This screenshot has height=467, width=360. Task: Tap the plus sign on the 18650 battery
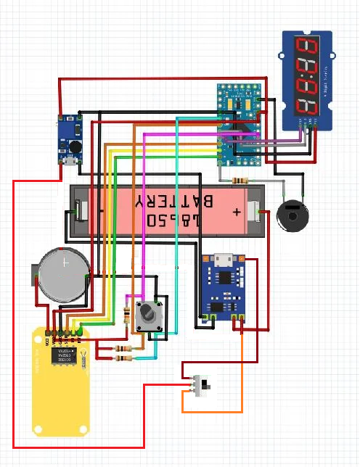pyautogui.click(x=237, y=212)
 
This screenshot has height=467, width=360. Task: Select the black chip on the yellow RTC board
pyautogui.click(x=59, y=355)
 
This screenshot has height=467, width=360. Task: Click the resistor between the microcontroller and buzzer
pyautogui.click(x=237, y=181)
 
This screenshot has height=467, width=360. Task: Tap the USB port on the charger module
pyautogui.click(x=226, y=260)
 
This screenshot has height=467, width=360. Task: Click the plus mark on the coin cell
pyautogui.click(x=65, y=263)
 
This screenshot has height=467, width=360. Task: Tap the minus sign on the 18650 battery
pyautogui.click(x=101, y=211)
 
